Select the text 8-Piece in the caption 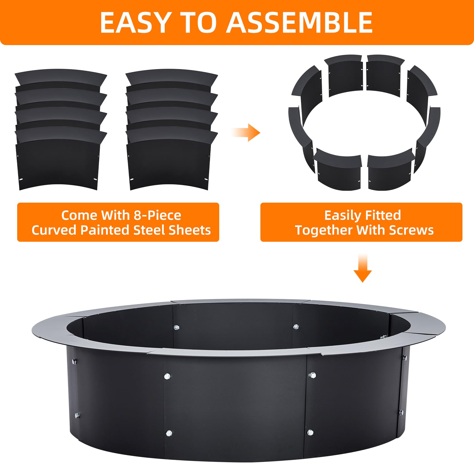pos(157,215)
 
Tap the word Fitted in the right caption pos(383,215)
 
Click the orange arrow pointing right pos(246,132)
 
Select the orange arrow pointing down pos(363,268)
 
